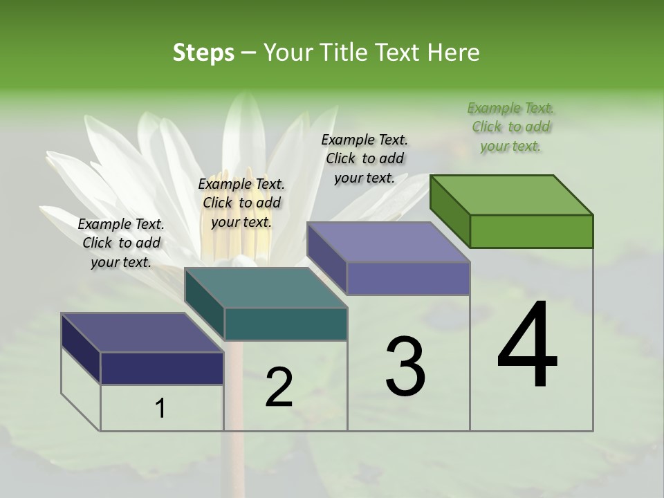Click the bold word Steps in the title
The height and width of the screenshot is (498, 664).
click(x=203, y=53)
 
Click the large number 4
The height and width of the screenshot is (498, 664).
click(x=527, y=346)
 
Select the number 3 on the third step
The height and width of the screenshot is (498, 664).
click(x=405, y=367)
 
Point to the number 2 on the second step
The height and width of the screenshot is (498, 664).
click(x=279, y=387)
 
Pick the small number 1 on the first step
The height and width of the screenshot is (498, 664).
click(x=160, y=409)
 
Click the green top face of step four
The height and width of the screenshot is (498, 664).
click(x=512, y=194)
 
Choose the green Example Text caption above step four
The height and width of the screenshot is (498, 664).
click(x=511, y=127)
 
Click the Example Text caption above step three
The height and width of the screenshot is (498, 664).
click(x=365, y=158)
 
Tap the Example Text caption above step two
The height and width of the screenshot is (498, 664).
click(x=241, y=203)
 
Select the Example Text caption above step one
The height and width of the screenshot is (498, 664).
click(x=121, y=243)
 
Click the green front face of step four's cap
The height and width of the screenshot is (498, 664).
click(x=531, y=231)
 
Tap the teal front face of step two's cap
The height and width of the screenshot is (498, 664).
click(x=286, y=324)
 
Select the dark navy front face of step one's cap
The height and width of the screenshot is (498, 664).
click(x=162, y=368)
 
